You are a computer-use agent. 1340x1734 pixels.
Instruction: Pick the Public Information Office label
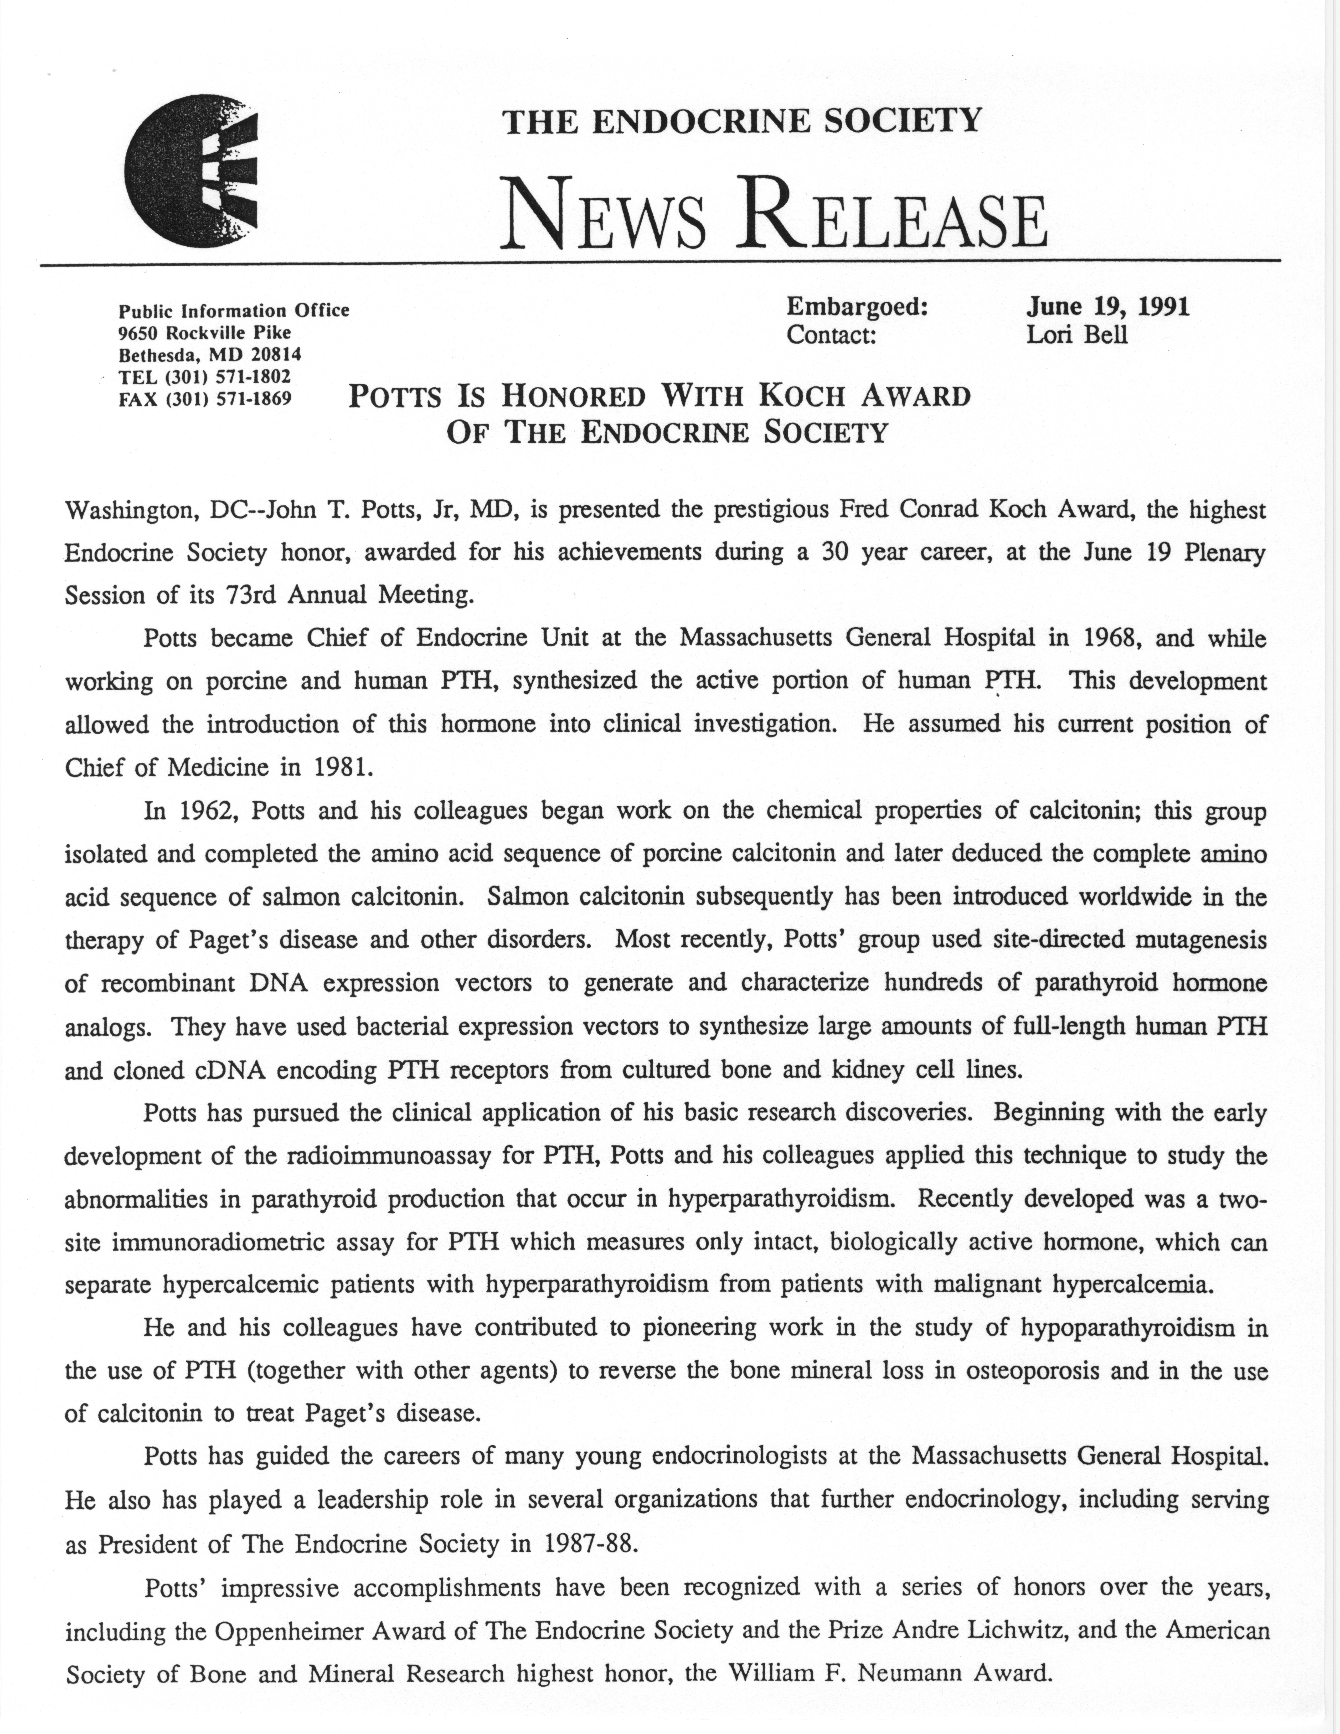pyautogui.click(x=233, y=311)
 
